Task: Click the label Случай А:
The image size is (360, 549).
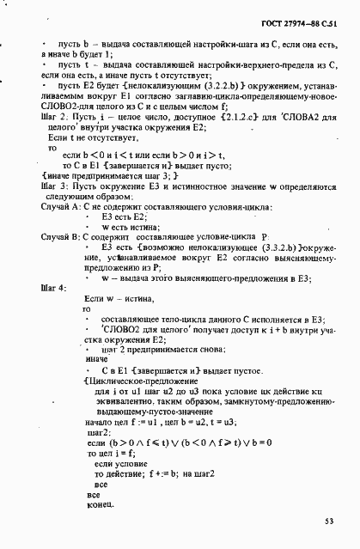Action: click(61, 207)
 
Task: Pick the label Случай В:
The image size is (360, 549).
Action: click(61, 235)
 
